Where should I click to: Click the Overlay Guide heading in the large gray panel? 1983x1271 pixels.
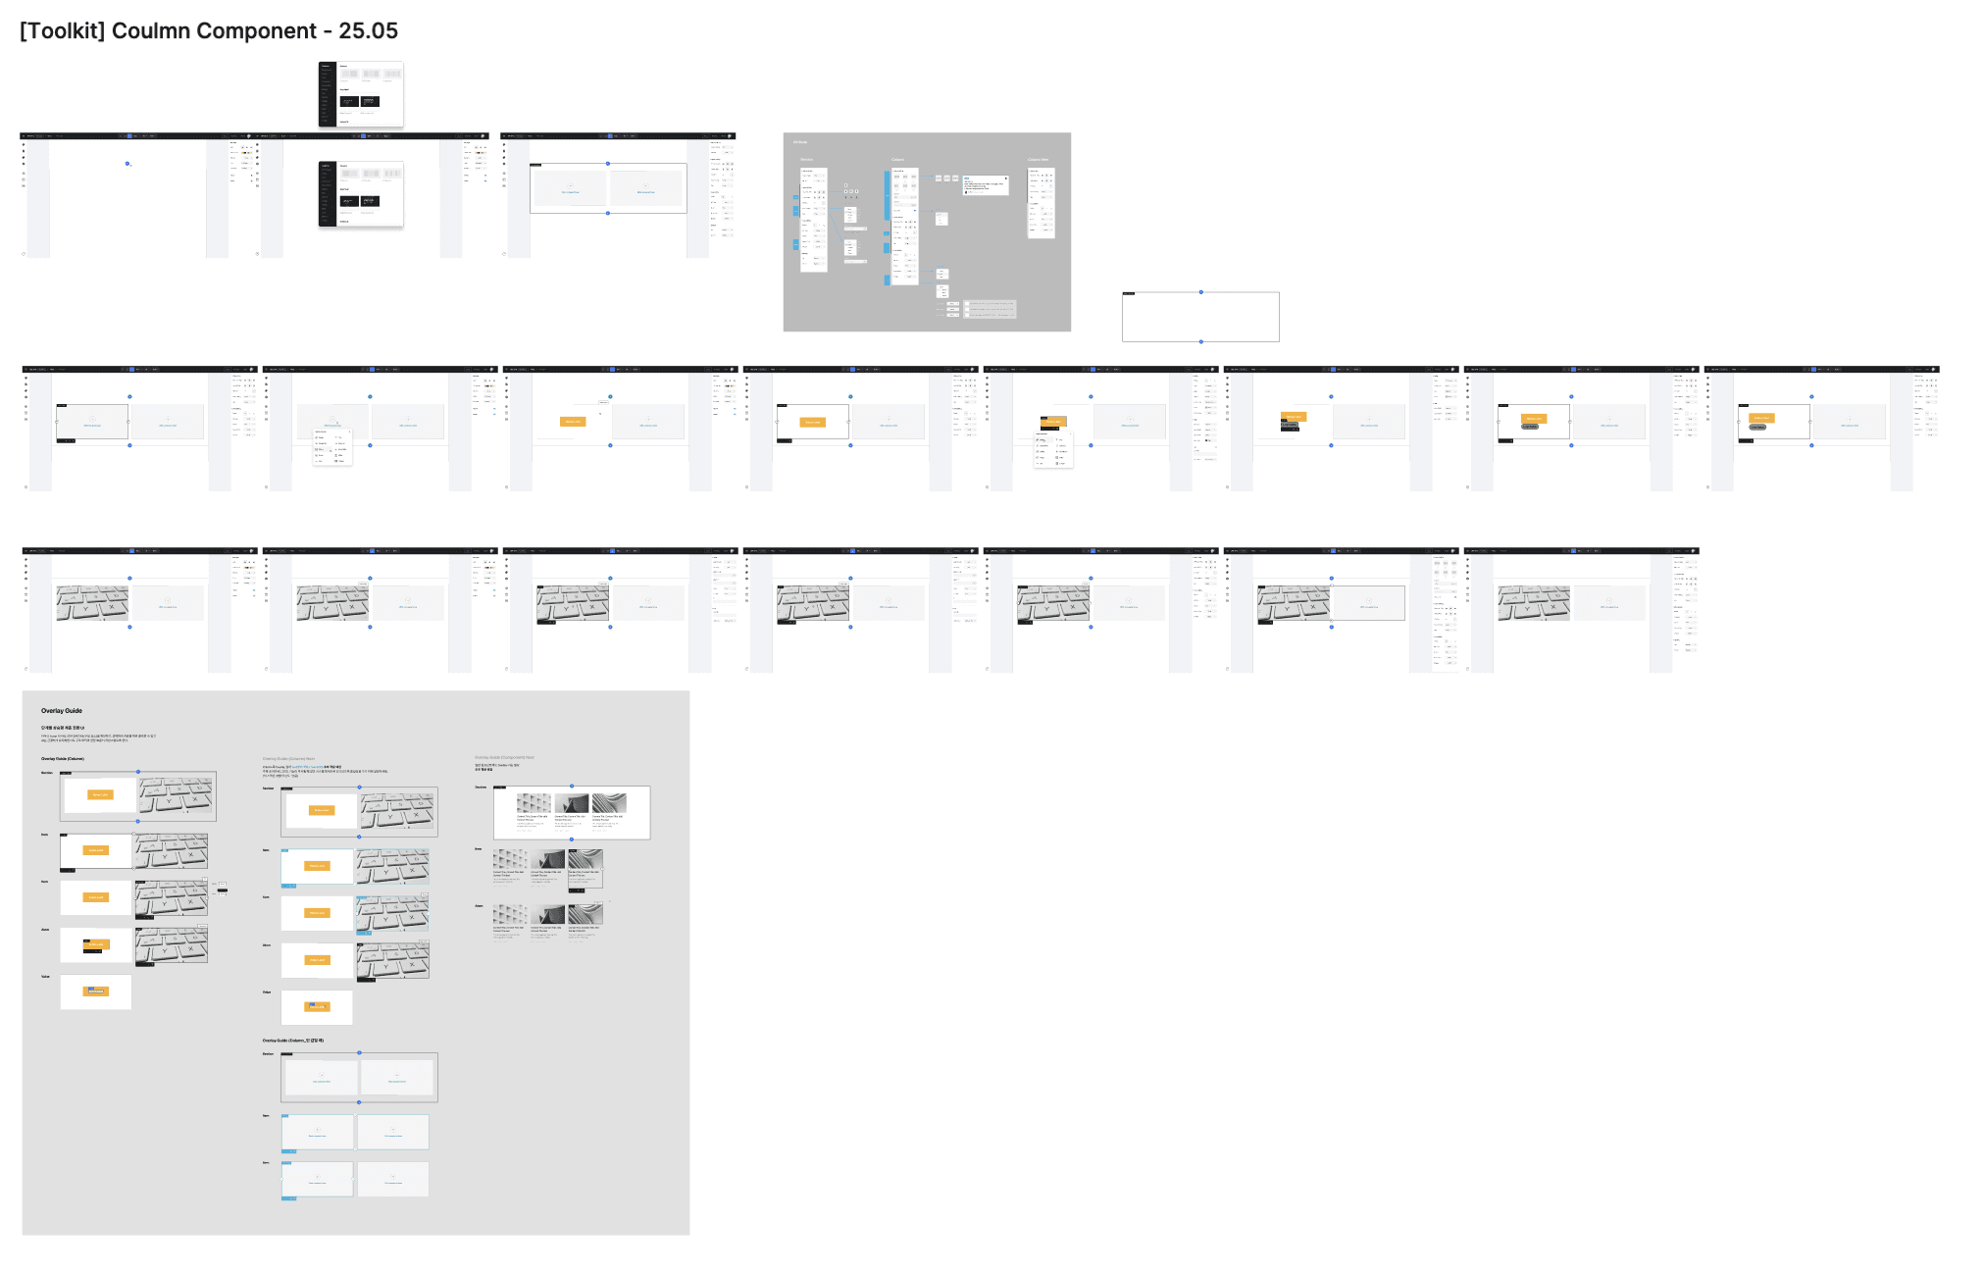62,711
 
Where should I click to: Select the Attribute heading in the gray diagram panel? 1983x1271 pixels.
800,142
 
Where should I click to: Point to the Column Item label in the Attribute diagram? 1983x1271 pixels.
1038,159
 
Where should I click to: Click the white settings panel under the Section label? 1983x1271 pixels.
813,220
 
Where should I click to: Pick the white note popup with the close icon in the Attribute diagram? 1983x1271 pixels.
986,185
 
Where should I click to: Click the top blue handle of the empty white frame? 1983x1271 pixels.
1200,292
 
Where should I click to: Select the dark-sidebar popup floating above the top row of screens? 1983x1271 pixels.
361,94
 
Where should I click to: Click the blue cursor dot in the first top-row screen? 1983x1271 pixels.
127,164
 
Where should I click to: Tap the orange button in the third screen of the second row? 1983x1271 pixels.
573,422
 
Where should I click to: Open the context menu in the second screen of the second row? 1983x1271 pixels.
332,446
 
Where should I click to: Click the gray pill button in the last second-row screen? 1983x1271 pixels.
1757,427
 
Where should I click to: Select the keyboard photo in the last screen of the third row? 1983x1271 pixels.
1534,603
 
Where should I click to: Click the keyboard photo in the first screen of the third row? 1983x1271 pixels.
92,603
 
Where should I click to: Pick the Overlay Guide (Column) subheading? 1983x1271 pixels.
62,759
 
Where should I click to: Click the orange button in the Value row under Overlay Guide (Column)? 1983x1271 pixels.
96,991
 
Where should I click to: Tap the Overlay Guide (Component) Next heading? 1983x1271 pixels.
504,758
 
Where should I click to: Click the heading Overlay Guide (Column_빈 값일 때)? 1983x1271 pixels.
292,1041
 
